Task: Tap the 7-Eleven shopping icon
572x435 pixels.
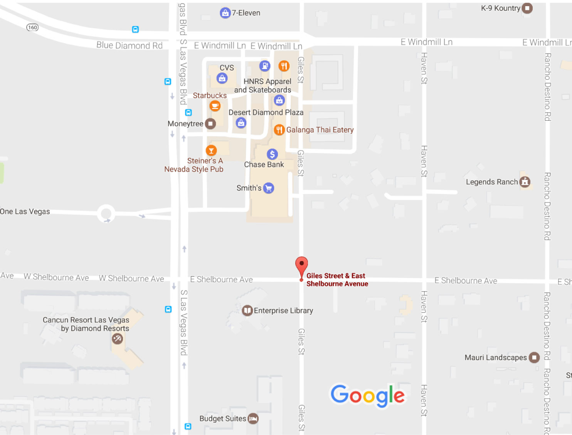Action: [x=225, y=13]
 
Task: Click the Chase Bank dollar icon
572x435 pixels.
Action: [x=272, y=154]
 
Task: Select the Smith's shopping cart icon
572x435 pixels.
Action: [x=269, y=188]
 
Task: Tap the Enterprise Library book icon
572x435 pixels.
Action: [x=247, y=310]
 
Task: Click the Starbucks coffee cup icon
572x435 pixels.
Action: [x=215, y=106]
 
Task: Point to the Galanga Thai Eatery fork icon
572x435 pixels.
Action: [x=279, y=130]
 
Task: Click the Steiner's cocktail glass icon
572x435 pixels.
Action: [x=211, y=150]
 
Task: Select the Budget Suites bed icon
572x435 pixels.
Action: [x=253, y=418]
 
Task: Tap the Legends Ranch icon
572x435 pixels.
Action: [x=525, y=182]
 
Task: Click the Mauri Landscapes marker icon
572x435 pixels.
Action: [x=534, y=357]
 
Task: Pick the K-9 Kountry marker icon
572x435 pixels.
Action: [x=527, y=8]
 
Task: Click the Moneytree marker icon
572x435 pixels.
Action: [x=210, y=124]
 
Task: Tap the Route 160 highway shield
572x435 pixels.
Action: [x=33, y=27]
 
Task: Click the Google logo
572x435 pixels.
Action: [x=368, y=395]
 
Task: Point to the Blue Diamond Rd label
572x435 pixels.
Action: [x=130, y=46]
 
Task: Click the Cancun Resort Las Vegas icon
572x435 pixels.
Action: [x=117, y=339]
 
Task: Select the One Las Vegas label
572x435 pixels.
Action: [x=25, y=211]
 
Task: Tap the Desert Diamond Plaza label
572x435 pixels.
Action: [x=266, y=113]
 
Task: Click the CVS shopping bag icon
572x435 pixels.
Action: [x=222, y=78]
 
